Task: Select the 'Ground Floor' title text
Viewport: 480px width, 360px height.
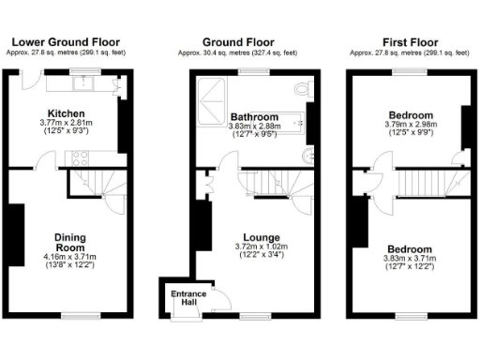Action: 239,41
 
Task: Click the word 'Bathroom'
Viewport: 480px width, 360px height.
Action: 250,117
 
